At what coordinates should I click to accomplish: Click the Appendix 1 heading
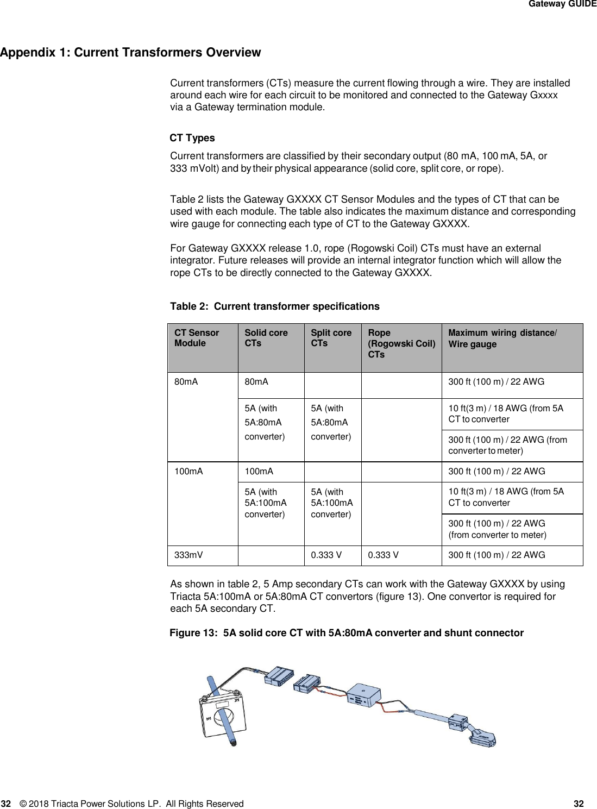[x=130, y=53]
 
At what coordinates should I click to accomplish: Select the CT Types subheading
[x=192, y=138]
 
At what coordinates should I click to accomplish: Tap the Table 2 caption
[x=275, y=306]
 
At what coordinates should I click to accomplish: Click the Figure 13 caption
[x=347, y=633]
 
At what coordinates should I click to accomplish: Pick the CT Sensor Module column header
[x=197, y=338]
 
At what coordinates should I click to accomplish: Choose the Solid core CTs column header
[x=266, y=338]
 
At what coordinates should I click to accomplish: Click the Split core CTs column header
[x=331, y=338]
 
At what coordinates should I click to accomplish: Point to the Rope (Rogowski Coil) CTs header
[x=401, y=343]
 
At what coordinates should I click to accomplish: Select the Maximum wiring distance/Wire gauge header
[x=502, y=338]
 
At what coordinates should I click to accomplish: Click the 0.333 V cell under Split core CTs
[x=326, y=555]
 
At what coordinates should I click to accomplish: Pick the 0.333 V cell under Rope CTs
[x=383, y=555]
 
